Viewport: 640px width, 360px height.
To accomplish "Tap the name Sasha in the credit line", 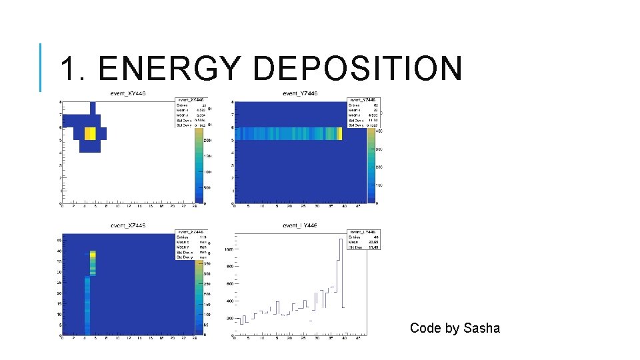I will (481, 328).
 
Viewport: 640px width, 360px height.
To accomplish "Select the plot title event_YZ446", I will (299, 93).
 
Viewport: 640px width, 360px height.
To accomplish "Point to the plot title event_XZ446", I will (128, 225).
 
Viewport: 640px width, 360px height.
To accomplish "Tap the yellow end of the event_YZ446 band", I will (339, 133).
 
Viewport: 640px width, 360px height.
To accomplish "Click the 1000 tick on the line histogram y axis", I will (228, 249).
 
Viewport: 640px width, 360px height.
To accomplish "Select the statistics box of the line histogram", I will (363, 239).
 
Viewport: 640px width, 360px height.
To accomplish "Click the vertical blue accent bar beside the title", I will (40, 67).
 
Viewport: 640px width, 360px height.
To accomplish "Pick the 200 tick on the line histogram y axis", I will (229, 318).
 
